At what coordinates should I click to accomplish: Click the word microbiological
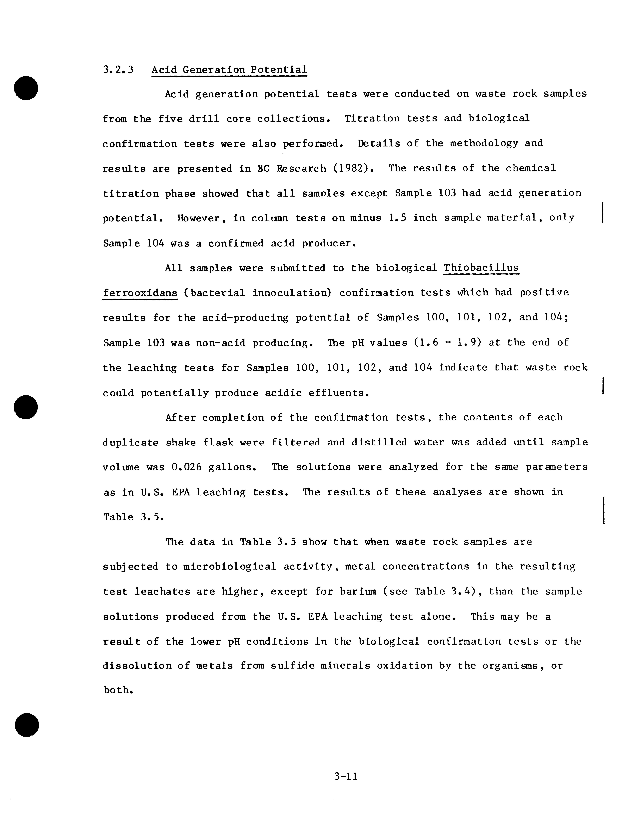(230, 567)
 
